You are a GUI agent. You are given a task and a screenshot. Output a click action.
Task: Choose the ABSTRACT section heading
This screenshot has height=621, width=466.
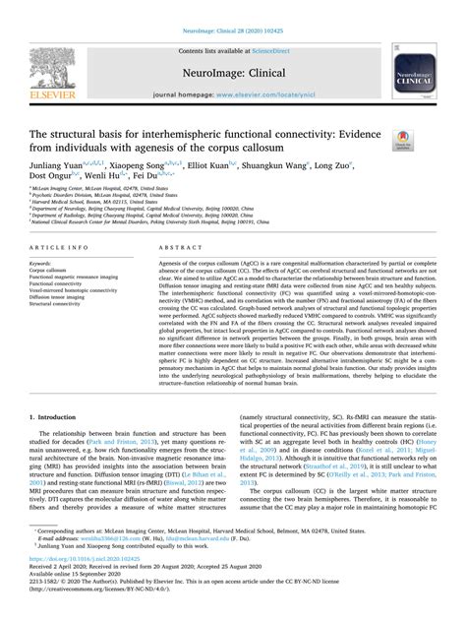click(174, 250)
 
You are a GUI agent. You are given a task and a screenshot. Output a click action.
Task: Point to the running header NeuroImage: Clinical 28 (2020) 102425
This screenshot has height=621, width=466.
click(233, 6)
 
